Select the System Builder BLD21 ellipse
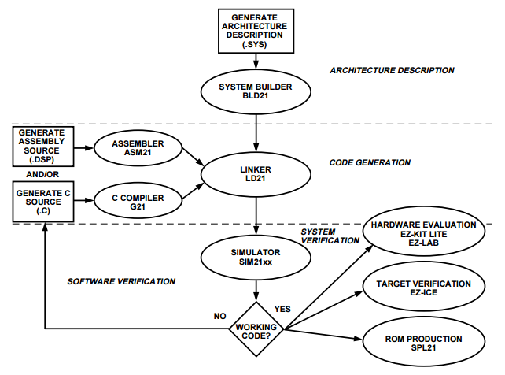[x=257, y=91]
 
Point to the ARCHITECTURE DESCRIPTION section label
[x=392, y=70]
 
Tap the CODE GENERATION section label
[x=369, y=163]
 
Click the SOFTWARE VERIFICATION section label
[x=121, y=281]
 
